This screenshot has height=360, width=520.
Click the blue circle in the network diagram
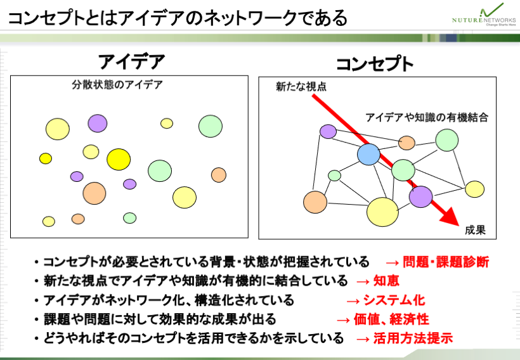tap(368, 155)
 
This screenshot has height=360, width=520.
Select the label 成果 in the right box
tap(475, 230)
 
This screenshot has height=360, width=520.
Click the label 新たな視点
tap(301, 87)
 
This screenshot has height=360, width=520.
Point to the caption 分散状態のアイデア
tap(117, 85)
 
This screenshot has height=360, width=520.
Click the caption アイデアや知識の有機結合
tap(427, 117)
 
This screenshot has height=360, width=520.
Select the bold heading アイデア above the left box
tap(131, 61)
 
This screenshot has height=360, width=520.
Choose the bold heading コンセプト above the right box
tap(375, 64)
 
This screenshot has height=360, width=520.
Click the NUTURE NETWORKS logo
tap(484, 15)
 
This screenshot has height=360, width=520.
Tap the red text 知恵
tap(386, 281)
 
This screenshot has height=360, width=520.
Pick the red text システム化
tap(394, 300)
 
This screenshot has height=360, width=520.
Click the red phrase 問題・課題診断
tap(446, 262)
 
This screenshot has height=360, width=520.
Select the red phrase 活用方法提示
tap(413, 338)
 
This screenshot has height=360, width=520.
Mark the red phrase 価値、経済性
tap(391, 319)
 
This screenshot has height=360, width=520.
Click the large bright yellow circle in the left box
tap(119, 160)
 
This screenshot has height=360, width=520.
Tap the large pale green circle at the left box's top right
tap(211, 126)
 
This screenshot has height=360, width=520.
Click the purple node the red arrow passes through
tap(421, 196)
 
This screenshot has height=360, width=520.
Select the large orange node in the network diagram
tap(315, 202)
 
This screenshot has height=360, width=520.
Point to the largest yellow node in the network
tap(382, 212)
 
